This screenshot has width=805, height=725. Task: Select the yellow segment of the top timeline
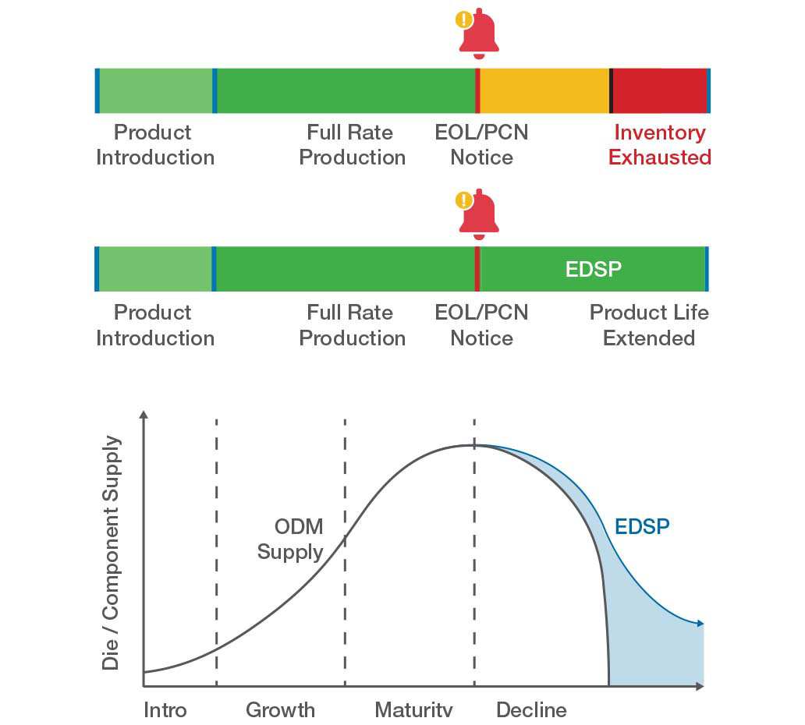(544, 90)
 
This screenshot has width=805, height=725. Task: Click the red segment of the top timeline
(660, 90)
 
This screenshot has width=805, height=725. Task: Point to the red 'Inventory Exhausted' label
(659, 145)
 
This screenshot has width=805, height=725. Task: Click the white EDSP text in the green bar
(593, 270)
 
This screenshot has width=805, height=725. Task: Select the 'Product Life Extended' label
(648, 325)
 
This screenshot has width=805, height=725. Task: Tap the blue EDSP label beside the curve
(641, 526)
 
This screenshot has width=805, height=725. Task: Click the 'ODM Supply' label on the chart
(290, 539)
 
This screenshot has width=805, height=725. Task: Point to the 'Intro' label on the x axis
(165, 709)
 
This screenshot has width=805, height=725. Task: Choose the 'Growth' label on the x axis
(280, 709)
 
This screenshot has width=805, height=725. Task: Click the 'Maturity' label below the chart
(413, 709)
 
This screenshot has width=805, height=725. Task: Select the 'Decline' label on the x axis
(531, 709)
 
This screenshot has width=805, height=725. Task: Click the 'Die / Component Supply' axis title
(112, 553)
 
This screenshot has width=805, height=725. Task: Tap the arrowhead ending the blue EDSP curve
(700, 623)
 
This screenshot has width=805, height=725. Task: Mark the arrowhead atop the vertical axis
(144, 415)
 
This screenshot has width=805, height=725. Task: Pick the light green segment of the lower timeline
(155, 269)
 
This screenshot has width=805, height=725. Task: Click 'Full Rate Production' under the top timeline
(352, 145)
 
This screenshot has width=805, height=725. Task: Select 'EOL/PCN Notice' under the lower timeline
(481, 325)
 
